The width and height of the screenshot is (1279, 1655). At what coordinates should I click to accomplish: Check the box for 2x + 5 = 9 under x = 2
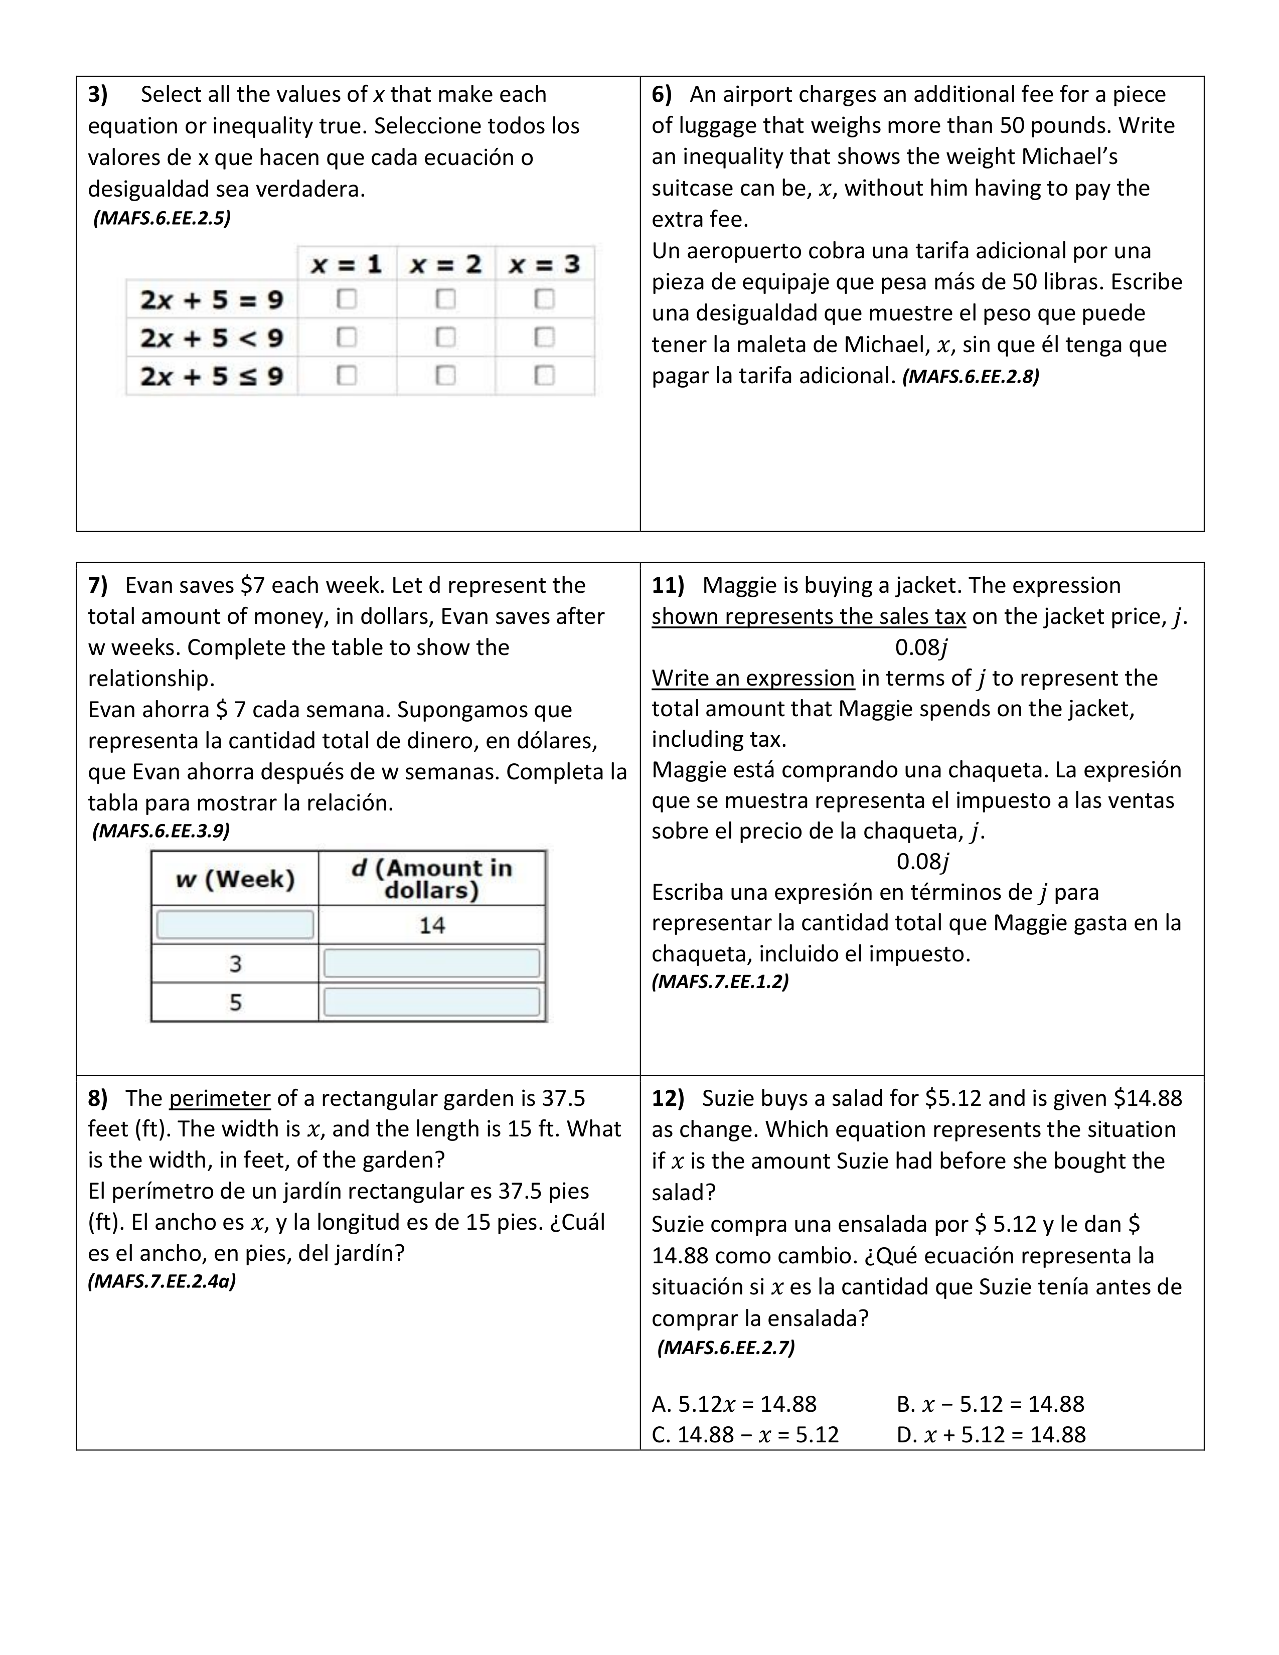(445, 299)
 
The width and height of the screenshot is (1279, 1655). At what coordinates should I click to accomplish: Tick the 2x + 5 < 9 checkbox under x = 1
(346, 337)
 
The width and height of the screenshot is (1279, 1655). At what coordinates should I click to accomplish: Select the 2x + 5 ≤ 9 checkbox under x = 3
(544, 376)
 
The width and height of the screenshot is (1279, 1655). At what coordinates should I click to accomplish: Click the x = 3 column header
(544, 264)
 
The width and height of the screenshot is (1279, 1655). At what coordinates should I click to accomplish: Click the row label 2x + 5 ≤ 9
(211, 376)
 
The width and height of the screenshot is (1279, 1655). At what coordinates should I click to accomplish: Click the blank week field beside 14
(235, 924)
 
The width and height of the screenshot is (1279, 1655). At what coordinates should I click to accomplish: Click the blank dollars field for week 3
(432, 963)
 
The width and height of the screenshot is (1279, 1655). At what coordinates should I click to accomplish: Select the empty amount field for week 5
(432, 1002)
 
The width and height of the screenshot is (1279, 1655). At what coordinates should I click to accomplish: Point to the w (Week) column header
(235, 879)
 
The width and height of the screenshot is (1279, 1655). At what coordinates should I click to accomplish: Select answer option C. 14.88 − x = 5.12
(745, 1434)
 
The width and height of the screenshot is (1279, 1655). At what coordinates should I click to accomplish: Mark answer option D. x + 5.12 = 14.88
(990, 1434)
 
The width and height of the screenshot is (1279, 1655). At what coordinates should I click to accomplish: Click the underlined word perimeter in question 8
(220, 1098)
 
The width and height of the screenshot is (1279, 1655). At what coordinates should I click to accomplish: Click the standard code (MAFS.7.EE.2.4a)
(162, 1281)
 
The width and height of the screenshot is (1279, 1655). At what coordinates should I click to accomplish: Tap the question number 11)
(668, 585)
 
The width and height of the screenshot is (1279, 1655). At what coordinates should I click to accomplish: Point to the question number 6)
(662, 95)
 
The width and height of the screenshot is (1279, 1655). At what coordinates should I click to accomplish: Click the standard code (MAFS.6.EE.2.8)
(971, 377)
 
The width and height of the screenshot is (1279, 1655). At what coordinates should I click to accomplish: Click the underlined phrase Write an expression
(753, 678)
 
